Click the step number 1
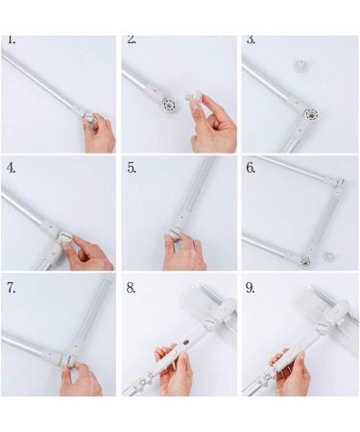pyautogui.click(x=12, y=41)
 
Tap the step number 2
pyautogui.click(x=132, y=41)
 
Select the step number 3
pyautogui.click(x=252, y=41)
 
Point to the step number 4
pyautogui.click(x=12, y=166)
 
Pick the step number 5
pyautogui.click(x=132, y=166)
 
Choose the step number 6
pyautogui.click(x=252, y=166)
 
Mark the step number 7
pyautogui.click(x=12, y=287)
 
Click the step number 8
pyautogui.click(x=132, y=287)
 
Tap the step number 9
pyautogui.click(x=252, y=287)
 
